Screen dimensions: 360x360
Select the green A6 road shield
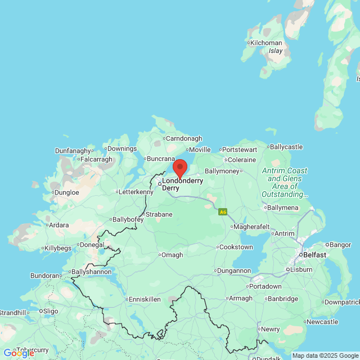(x=223, y=211)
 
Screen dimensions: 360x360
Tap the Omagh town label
(x=172, y=255)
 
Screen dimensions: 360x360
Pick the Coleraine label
(x=242, y=160)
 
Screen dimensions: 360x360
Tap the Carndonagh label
(x=182, y=138)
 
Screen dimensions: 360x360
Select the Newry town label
(x=270, y=329)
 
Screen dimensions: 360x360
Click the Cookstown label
(x=236, y=247)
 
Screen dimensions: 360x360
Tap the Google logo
(x=19, y=353)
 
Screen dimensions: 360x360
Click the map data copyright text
(x=325, y=355)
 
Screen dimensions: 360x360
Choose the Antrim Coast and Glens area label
(x=285, y=182)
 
